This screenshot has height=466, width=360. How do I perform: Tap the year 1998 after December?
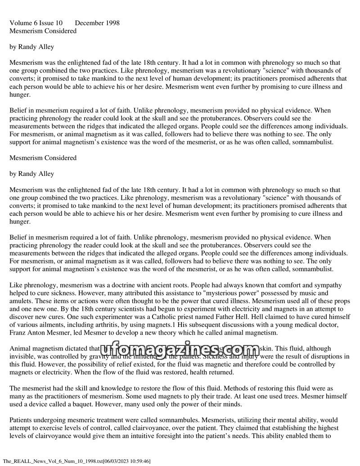(112, 23)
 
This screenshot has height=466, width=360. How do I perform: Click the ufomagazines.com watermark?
(180, 349)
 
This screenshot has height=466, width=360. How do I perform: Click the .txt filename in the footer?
(52, 461)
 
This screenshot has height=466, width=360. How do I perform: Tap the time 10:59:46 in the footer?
(137, 461)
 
